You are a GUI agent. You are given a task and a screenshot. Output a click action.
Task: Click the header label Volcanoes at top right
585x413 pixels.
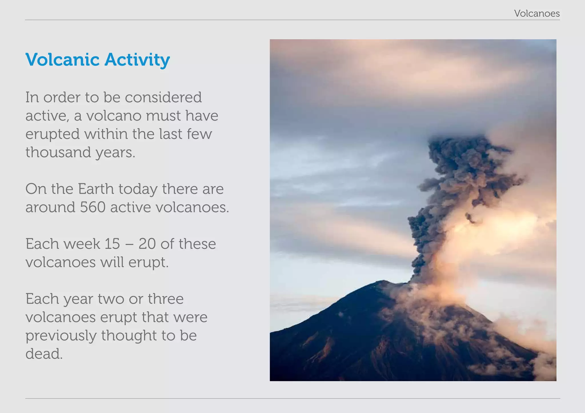[536, 13]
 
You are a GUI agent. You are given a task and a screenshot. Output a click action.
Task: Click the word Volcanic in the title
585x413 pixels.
[62, 60]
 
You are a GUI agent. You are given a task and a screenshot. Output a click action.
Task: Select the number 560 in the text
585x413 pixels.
[93, 207]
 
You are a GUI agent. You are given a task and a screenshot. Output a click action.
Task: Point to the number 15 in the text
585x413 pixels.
[112, 244]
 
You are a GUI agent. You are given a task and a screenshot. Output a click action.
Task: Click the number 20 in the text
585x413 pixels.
[147, 244]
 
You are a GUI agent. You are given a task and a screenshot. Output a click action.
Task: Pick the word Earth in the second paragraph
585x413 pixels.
[96, 189]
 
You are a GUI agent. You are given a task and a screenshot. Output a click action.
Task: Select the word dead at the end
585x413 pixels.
[44, 354]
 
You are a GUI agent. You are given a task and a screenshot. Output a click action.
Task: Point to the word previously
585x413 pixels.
[61, 335]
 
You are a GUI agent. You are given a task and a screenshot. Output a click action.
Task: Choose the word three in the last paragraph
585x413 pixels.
[165, 299]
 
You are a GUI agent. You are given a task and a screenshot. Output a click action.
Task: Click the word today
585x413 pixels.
[138, 189]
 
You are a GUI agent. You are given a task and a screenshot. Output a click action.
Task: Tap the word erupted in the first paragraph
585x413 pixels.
[52, 134]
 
